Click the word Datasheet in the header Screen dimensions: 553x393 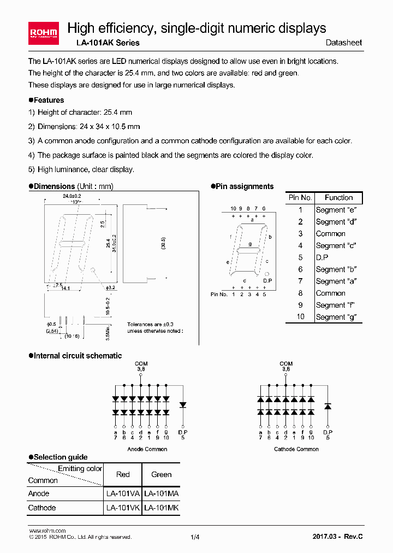343,43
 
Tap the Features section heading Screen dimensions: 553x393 49,100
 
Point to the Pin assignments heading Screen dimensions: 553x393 245,186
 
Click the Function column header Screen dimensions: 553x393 338,198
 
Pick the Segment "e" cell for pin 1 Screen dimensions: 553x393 330,210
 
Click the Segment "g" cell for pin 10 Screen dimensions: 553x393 331,317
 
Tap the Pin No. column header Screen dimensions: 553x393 300,198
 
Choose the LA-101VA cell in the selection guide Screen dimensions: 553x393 123,493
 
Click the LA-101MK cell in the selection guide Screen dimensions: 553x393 161,508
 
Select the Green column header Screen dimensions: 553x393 161,474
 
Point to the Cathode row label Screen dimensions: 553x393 42,508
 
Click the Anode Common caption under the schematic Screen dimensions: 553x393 147,449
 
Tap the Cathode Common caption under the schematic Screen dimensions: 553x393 296,449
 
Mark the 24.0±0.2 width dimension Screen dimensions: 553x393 72,195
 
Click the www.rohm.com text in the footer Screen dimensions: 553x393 47,531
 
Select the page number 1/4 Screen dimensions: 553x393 195,537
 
